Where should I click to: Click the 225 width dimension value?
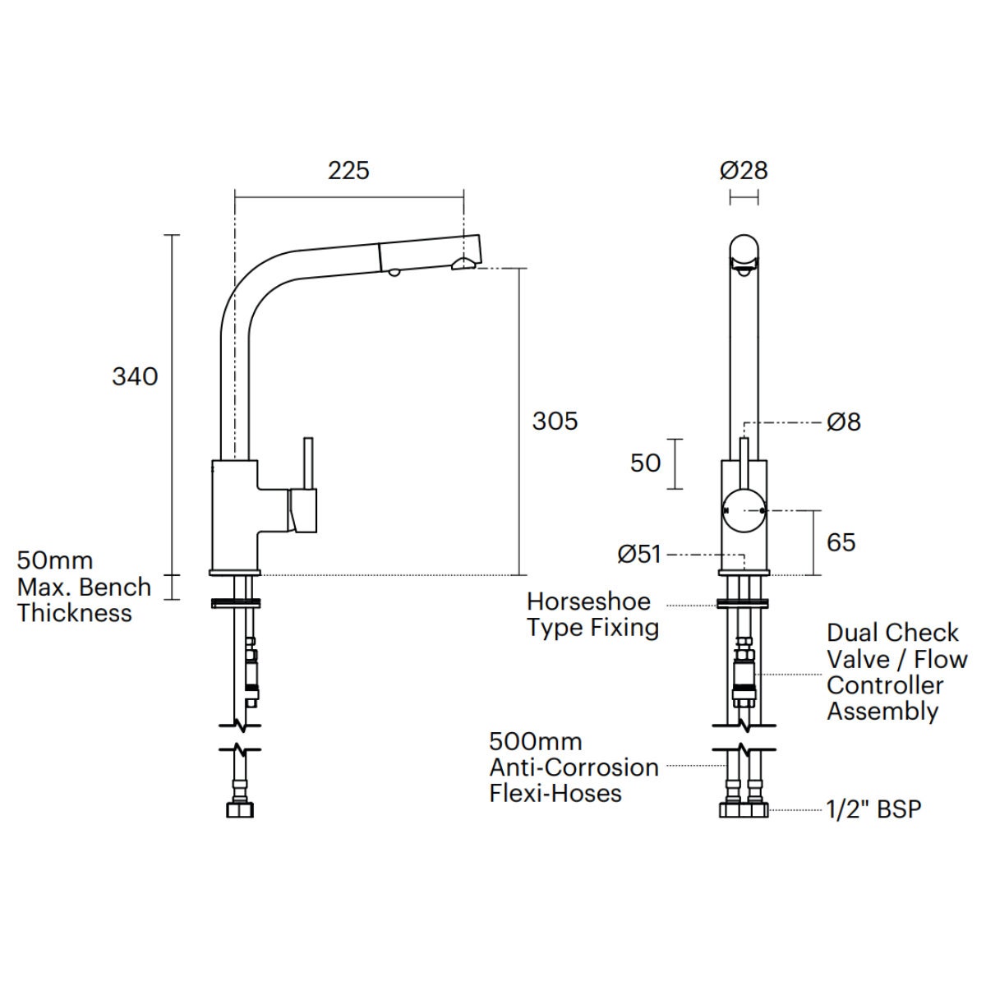348,171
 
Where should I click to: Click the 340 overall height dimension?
135,377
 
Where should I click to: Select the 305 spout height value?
555,422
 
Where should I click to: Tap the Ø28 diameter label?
744,171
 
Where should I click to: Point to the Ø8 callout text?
844,422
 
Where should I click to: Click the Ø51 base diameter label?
639,554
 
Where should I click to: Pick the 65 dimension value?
841,542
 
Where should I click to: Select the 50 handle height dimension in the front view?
646,463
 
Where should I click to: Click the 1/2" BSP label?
874,809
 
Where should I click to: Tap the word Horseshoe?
589,601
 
